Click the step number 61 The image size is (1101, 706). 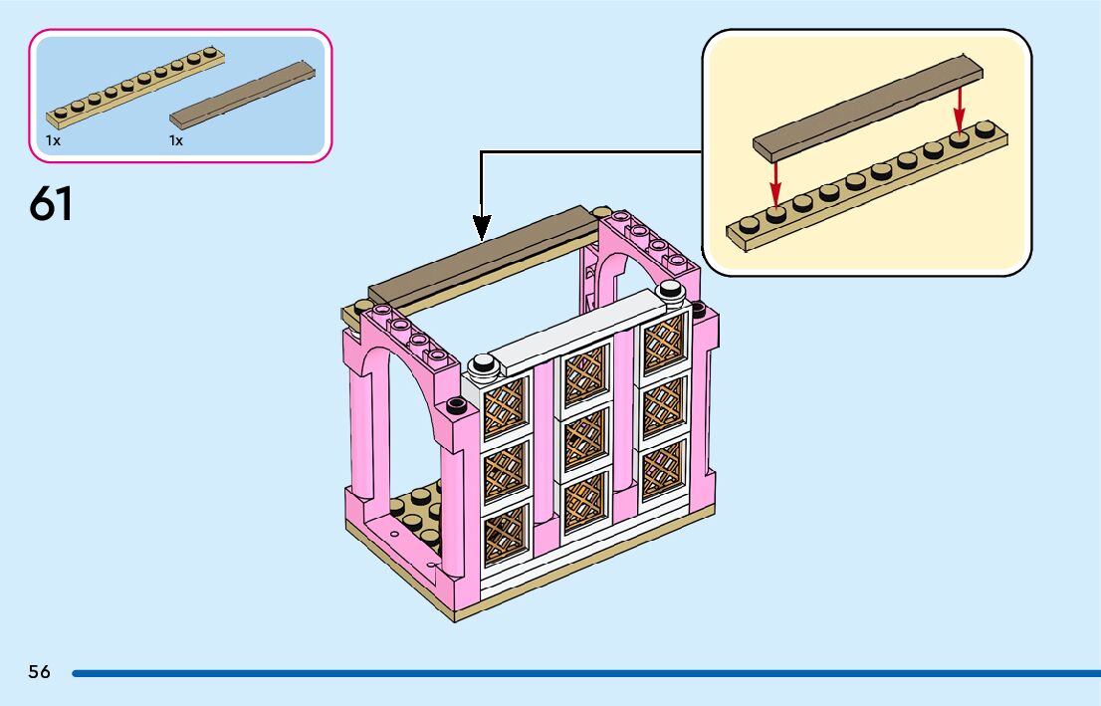(x=51, y=203)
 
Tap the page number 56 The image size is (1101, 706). (x=39, y=672)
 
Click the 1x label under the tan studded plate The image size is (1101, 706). (x=53, y=140)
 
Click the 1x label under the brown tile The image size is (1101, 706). (x=176, y=140)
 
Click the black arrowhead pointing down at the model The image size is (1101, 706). (x=482, y=228)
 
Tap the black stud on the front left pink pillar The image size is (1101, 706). (x=457, y=404)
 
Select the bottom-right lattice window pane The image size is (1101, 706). (x=663, y=469)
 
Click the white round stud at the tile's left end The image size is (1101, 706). (x=486, y=365)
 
